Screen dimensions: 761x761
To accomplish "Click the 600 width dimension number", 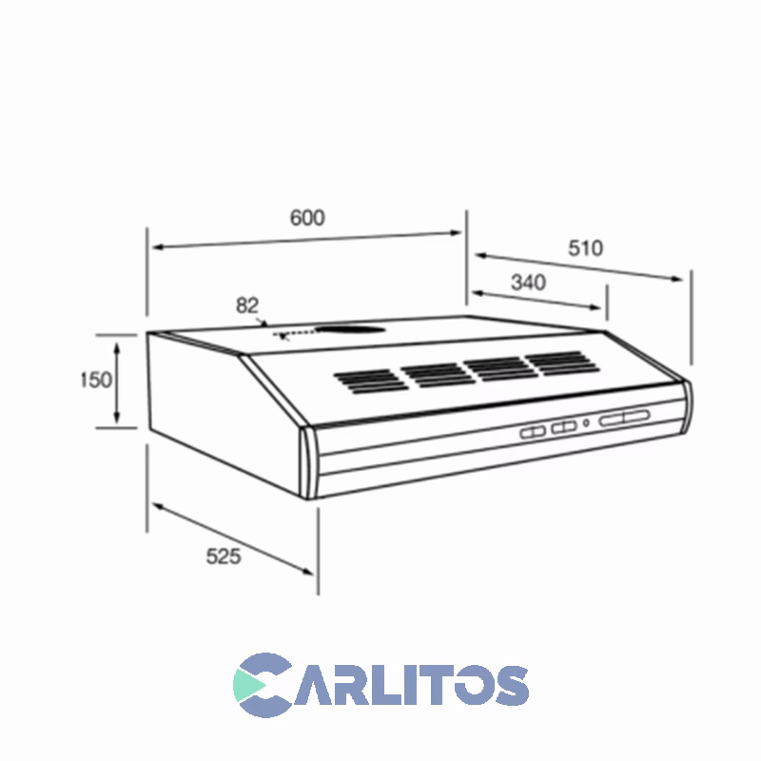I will tap(307, 218).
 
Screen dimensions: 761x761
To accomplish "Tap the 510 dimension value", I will tap(585, 248).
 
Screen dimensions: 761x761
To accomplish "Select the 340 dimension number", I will tap(528, 283).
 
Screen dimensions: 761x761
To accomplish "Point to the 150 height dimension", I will tap(96, 380).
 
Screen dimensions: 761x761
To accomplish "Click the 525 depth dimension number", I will tap(224, 556).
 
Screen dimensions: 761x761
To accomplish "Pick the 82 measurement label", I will tap(247, 305).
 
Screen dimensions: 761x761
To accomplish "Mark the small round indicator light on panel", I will tap(587, 423).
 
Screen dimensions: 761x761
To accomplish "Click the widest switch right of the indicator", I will tap(624, 418).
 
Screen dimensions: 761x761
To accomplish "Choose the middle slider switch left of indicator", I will tap(565, 427).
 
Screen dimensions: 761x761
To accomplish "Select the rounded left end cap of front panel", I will tap(308, 463).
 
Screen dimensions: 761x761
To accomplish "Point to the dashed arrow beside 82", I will tap(296, 334).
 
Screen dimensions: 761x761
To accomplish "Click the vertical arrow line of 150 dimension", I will tap(117, 380).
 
